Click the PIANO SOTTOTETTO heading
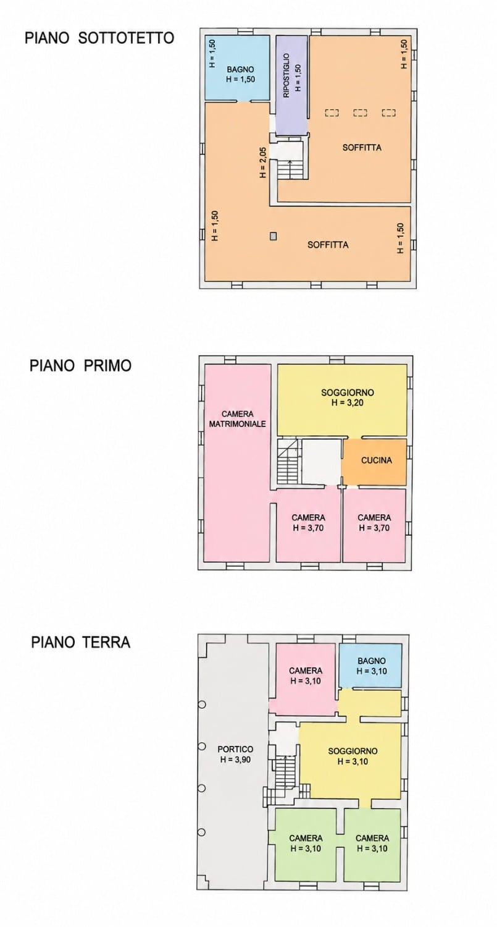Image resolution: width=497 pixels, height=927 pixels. coord(99,38)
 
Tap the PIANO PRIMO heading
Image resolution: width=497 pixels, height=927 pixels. coord(81,365)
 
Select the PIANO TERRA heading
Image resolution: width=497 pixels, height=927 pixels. coord(81,642)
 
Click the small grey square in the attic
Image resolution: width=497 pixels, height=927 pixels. coord(273,236)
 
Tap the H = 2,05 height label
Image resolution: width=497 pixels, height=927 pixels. coord(263,162)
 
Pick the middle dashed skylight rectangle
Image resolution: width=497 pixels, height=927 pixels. coord(360,112)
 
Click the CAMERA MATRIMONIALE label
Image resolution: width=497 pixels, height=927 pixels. coord(237,419)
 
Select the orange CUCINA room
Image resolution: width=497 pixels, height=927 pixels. coord(374,462)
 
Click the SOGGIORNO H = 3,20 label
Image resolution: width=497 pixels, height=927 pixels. coord(348,397)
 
